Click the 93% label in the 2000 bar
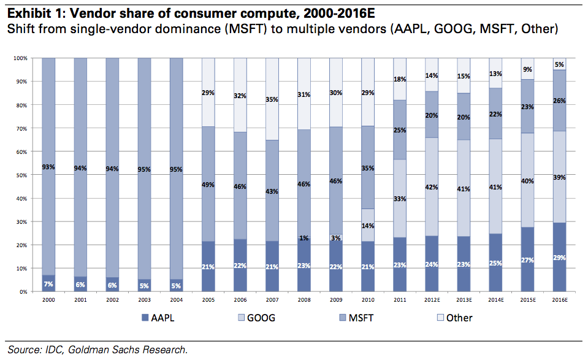49,166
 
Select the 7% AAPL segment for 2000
49,284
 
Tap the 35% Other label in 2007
272,99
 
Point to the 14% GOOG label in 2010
368,226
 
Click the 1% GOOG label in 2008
304,237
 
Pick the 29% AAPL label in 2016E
559,258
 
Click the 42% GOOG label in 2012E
432,187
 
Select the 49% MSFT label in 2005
208,185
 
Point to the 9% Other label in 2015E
527,69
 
